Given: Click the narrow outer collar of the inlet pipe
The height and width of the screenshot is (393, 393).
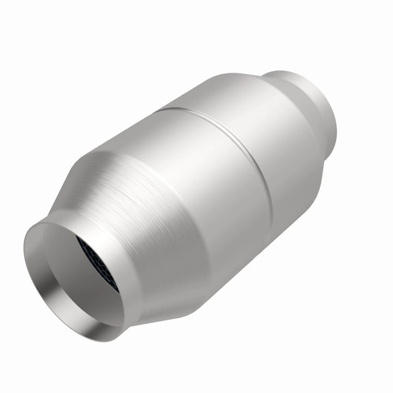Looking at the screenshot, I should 126,284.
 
